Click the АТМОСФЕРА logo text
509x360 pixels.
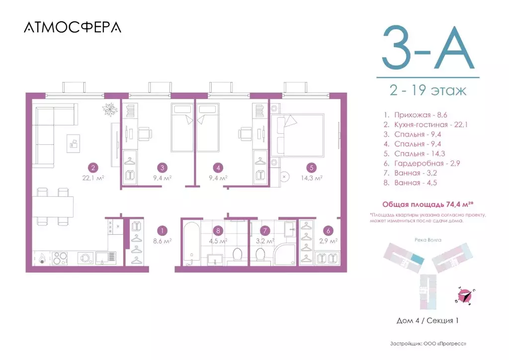(73, 27)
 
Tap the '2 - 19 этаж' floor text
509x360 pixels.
(428, 91)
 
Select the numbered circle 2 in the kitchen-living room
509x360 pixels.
(91, 168)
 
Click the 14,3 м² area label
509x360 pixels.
(312, 178)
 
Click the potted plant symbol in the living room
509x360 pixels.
(109, 108)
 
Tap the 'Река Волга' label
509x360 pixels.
(427, 239)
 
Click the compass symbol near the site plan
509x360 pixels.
(465, 296)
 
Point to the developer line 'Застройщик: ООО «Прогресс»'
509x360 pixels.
(428, 344)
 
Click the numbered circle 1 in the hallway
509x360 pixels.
(162, 231)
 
